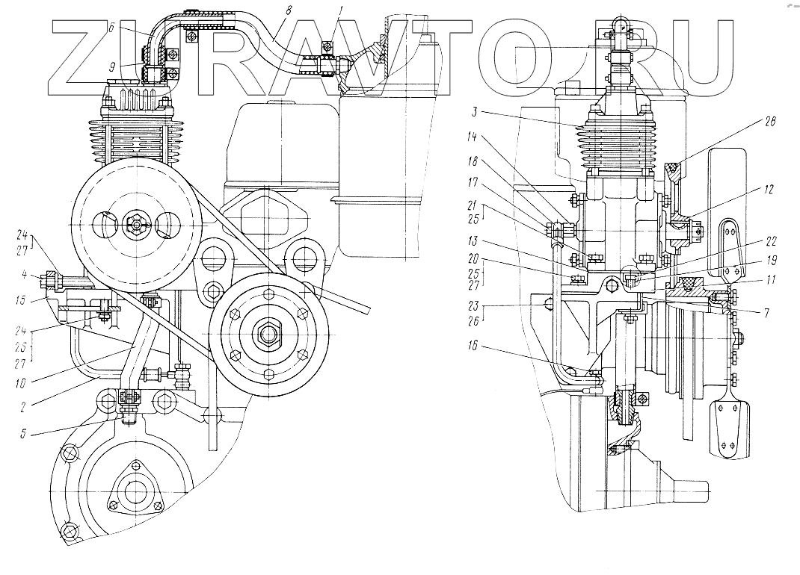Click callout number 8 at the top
(x=287, y=10)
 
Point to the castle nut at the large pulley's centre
(x=137, y=222)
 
